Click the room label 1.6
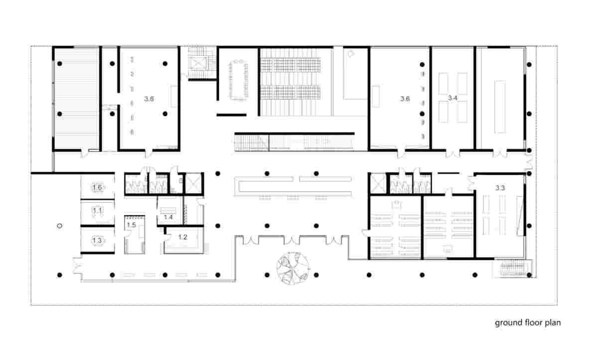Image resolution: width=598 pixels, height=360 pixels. [97, 187]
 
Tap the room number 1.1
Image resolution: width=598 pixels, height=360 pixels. [97, 211]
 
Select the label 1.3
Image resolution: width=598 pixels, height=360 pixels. [97, 240]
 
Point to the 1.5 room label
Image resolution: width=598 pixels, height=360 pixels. [132, 225]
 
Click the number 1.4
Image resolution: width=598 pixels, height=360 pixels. [168, 217]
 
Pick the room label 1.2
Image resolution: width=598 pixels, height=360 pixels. [182, 237]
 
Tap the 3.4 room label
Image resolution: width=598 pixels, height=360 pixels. [453, 98]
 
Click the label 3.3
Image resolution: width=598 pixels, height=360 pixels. [500, 188]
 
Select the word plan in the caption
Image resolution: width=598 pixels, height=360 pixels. [553, 323]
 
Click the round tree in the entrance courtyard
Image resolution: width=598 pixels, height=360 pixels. [293, 268]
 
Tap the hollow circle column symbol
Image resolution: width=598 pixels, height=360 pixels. [59, 226]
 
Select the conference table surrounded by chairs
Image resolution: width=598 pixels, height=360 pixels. [238, 80]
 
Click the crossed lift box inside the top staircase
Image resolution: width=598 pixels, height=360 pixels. [198, 64]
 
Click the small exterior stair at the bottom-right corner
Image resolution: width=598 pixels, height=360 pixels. [512, 269]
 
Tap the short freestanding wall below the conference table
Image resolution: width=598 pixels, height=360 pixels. [231, 115]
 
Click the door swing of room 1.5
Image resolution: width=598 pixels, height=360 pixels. [128, 234]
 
